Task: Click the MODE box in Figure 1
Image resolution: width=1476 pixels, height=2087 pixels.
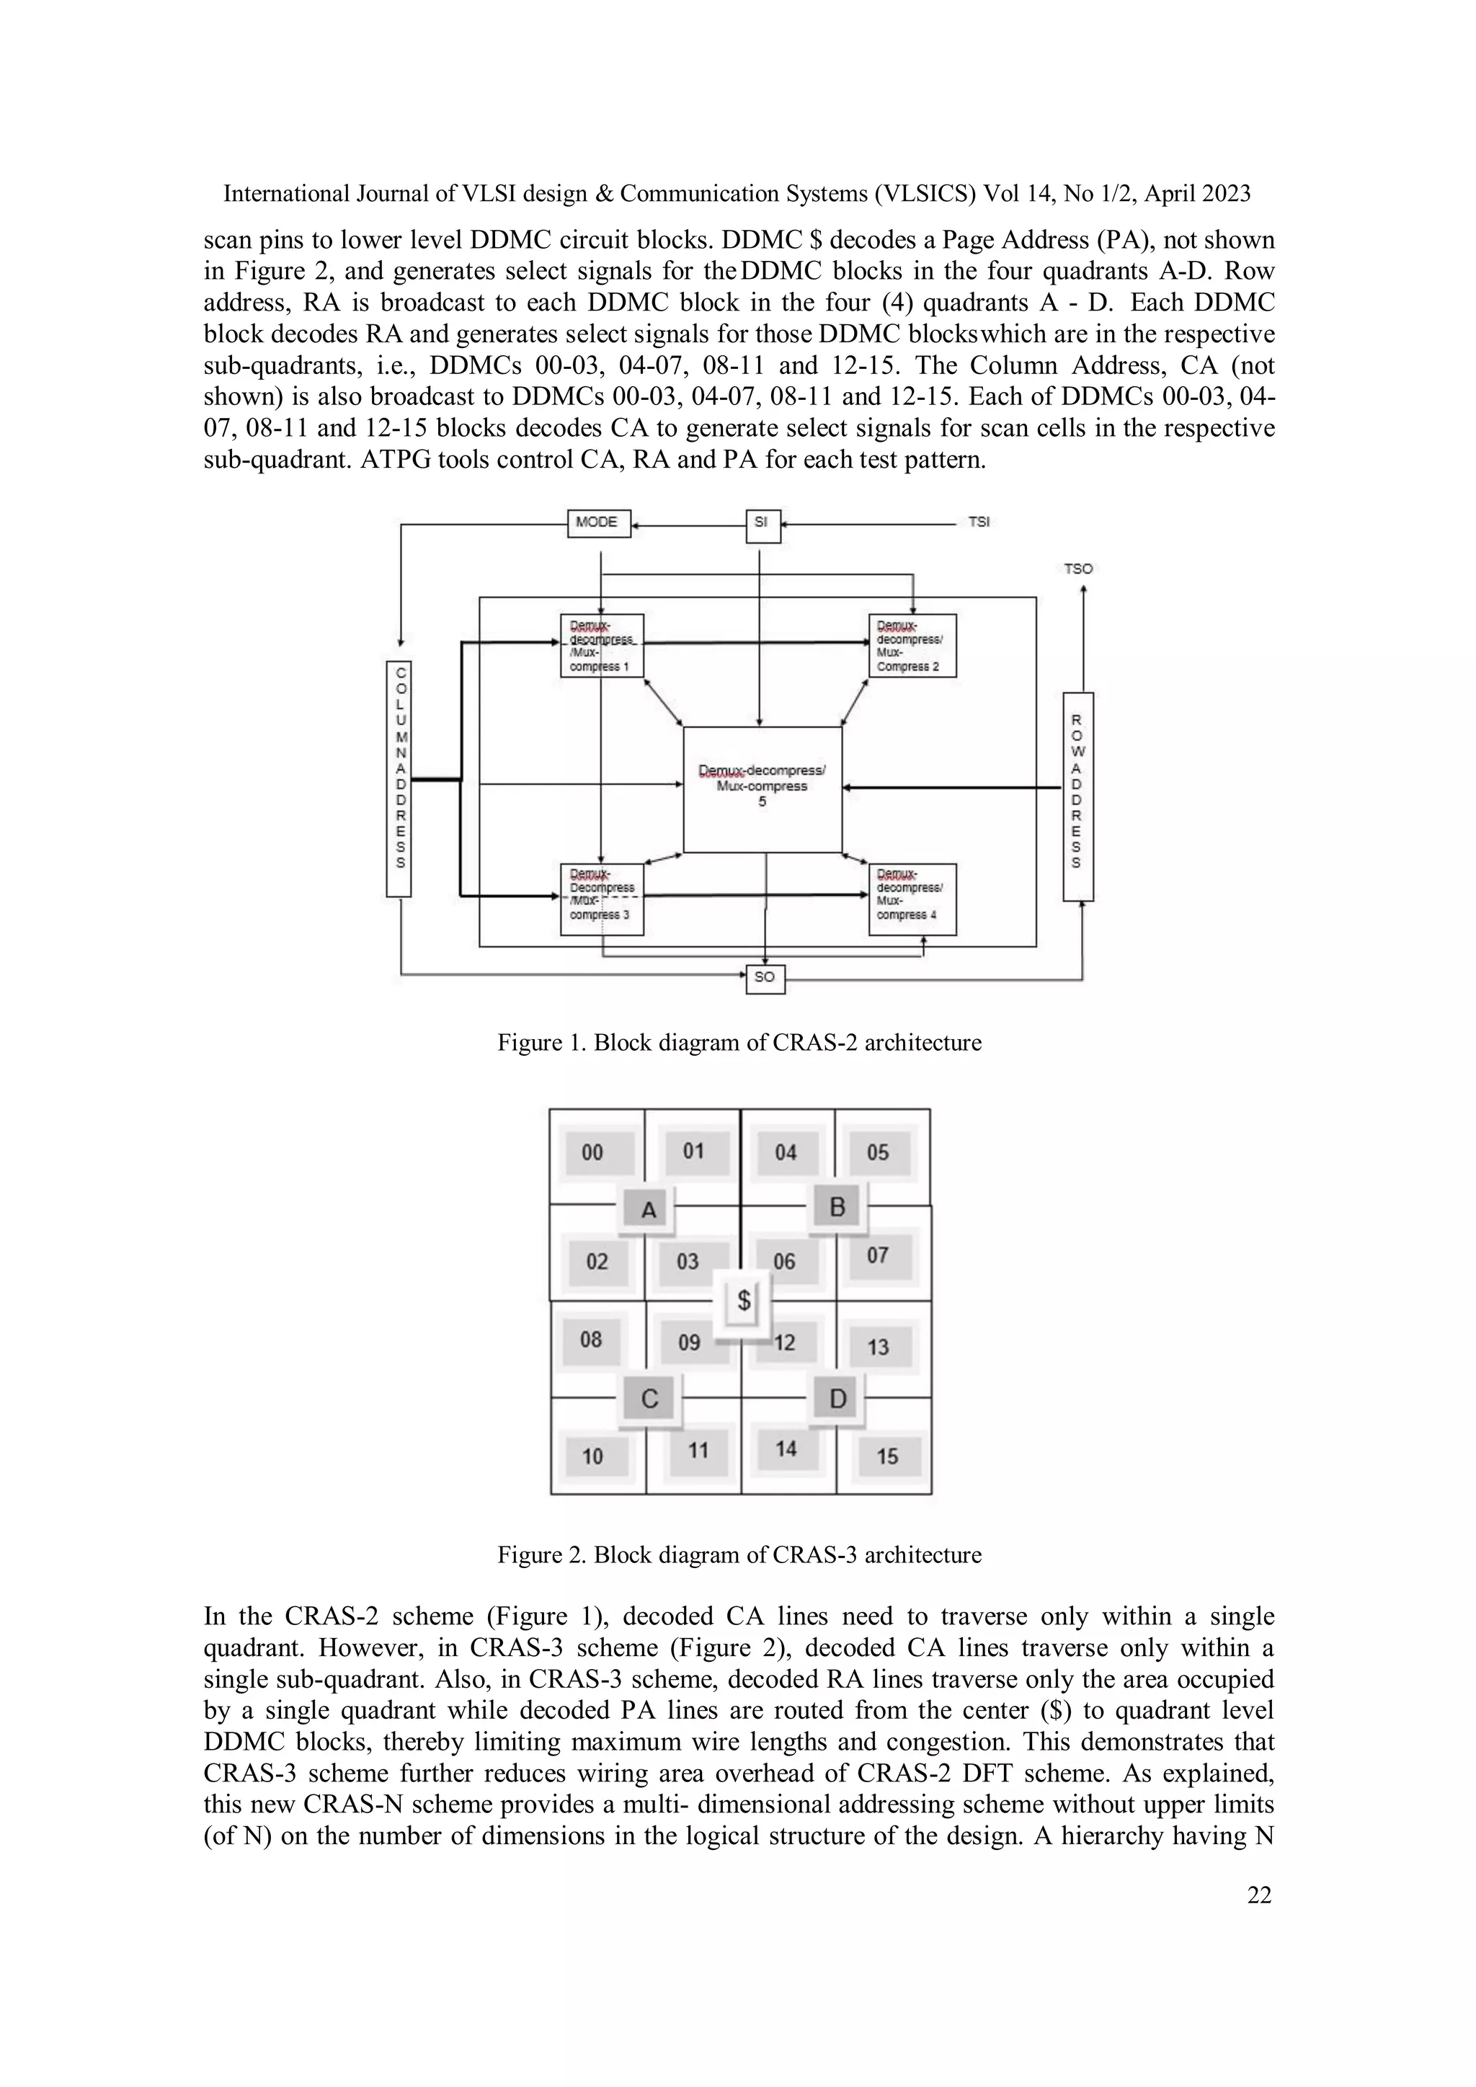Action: click(598, 522)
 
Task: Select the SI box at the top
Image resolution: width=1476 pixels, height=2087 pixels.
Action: click(762, 524)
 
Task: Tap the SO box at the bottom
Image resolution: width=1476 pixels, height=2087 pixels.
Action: click(765, 977)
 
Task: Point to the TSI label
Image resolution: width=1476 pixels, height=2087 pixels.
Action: click(979, 522)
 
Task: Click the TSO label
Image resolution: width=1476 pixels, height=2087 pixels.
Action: click(1078, 569)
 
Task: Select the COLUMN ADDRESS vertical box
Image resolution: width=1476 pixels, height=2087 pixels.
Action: click(399, 778)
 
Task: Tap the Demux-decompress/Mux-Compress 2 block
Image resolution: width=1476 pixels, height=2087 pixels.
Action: click(912, 646)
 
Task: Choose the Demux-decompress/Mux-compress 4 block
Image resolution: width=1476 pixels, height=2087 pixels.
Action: click(912, 899)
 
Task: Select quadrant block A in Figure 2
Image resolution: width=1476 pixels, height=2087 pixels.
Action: click(649, 1210)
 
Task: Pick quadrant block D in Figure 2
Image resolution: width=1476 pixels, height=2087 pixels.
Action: click(837, 1398)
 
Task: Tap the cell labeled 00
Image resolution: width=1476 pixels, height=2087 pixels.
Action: click(592, 1152)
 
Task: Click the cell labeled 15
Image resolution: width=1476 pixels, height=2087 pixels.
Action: click(887, 1456)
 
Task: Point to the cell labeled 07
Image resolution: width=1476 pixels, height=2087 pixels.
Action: click(877, 1256)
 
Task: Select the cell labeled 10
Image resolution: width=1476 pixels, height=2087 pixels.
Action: click(592, 1456)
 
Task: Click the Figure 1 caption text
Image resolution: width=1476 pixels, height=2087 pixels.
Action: click(738, 1043)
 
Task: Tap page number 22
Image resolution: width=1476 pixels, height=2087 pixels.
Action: click(1259, 1895)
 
